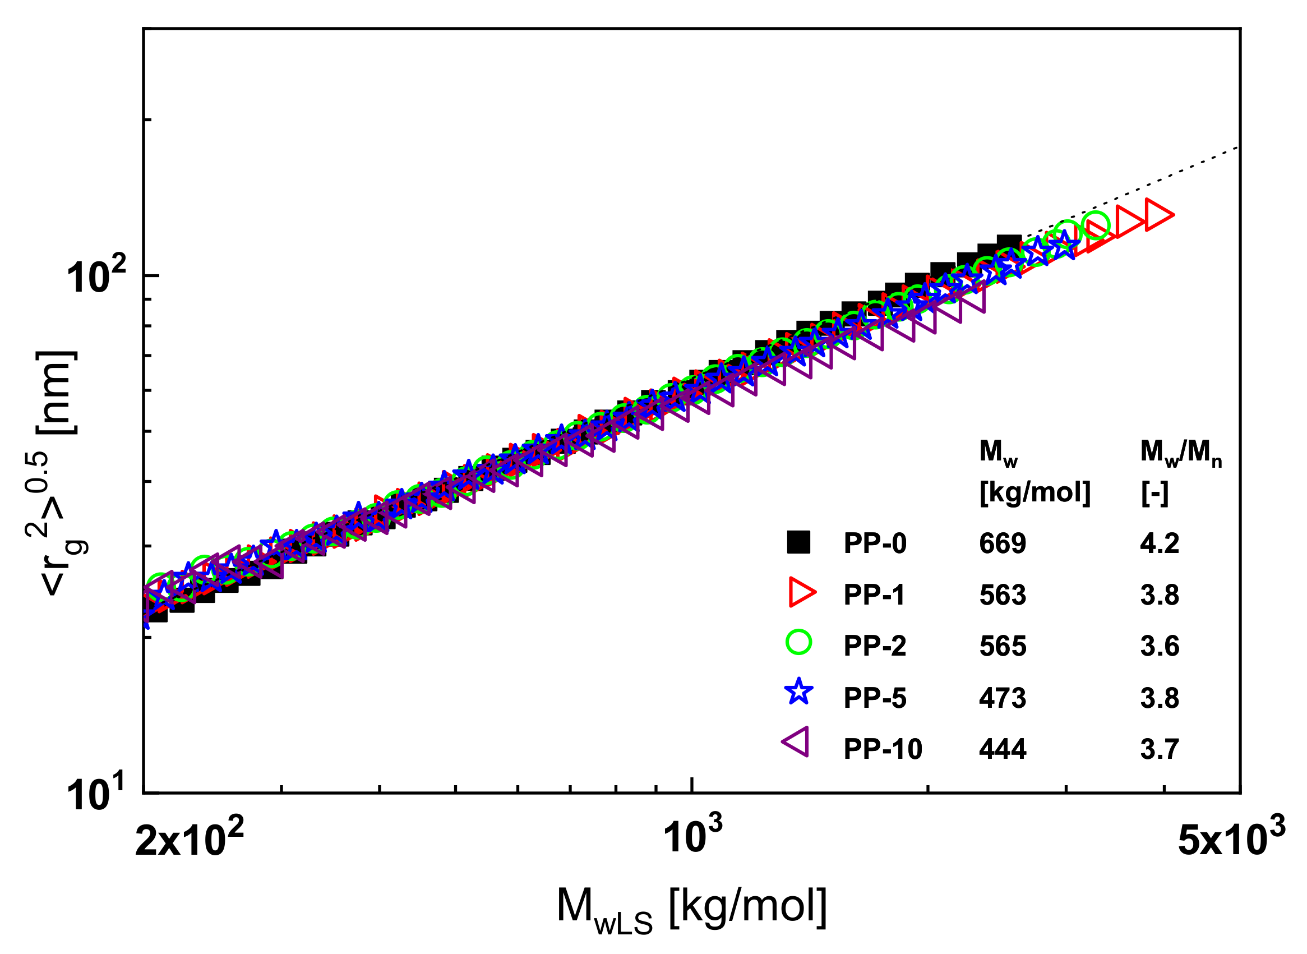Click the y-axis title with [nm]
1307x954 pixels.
coord(57,473)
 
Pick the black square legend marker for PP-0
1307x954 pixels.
coord(799,543)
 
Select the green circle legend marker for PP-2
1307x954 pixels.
coord(799,642)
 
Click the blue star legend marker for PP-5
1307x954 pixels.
coord(799,692)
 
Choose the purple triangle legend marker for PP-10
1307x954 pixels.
coord(797,741)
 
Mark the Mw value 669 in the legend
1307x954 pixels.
coord(1003,544)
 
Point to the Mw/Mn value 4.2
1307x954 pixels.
coord(1159,544)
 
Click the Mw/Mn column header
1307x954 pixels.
coord(1181,451)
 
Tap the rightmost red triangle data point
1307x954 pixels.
coord(1157,215)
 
